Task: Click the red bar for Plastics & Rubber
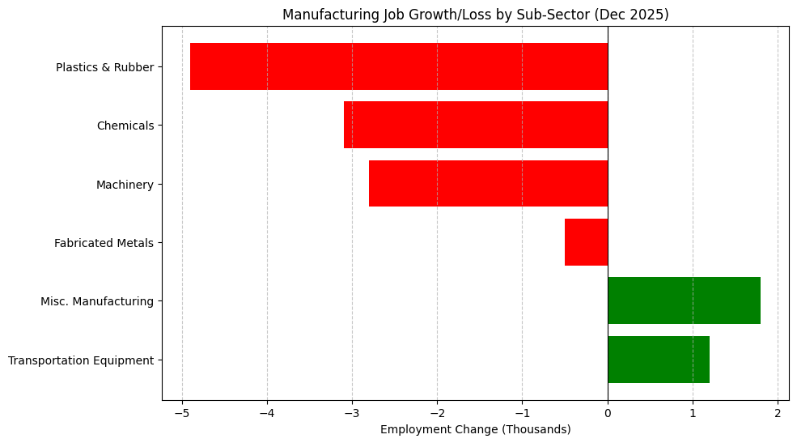tap(398, 66)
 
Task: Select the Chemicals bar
tap(475, 125)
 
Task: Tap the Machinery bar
tap(488, 184)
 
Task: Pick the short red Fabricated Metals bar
tap(586, 242)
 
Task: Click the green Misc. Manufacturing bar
tap(684, 300)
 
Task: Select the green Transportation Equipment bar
tap(659, 360)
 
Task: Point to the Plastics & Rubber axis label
tap(104, 67)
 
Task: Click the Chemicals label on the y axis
tap(125, 126)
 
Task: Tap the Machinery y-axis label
tap(125, 185)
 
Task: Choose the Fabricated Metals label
tap(104, 243)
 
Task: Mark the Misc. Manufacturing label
tap(97, 301)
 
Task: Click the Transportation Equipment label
tap(81, 360)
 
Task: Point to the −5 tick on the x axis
tap(182, 413)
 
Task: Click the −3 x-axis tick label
tap(352, 413)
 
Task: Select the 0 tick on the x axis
tap(608, 413)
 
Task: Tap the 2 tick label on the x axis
tap(778, 413)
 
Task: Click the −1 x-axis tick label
tap(522, 413)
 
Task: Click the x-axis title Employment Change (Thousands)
tap(475, 429)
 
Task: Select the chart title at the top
tap(475, 15)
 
